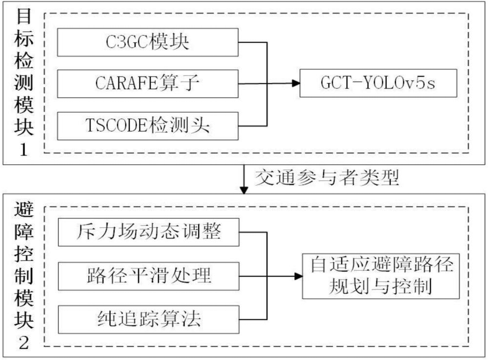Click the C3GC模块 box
148,42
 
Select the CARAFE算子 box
148,84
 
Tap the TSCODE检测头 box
148,126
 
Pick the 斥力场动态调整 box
148,233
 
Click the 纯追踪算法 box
148,319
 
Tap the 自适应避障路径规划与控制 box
381,276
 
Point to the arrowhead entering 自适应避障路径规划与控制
298,276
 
